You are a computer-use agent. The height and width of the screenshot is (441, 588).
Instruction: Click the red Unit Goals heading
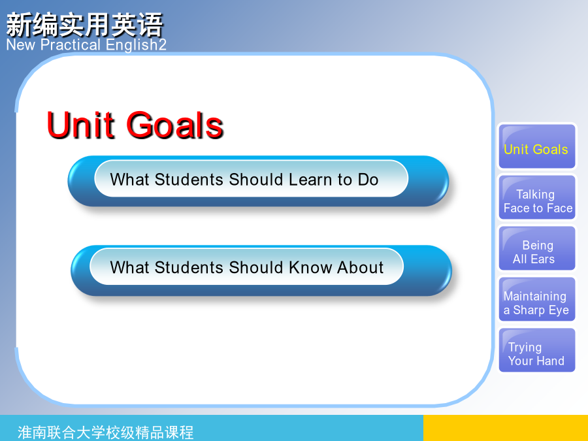coord(135,125)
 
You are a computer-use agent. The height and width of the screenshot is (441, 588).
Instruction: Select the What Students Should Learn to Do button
coord(258,181)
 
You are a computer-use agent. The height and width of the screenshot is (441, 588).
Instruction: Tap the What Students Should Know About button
coord(261,270)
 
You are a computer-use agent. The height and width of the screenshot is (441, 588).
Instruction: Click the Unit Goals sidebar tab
coord(536,146)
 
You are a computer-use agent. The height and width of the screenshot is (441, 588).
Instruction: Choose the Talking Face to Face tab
coord(536,197)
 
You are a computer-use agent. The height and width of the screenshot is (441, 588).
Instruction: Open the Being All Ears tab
coord(536,248)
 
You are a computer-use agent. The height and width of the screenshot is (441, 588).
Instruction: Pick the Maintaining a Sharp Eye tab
coord(536,299)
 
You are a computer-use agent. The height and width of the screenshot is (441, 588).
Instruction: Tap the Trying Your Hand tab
coord(536,350)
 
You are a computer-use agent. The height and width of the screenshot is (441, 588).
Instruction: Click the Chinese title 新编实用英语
coord(85,25)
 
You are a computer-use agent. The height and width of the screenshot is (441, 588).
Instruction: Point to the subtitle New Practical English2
coord(86,45)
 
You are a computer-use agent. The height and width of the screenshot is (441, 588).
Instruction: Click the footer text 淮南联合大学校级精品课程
coord(105,433)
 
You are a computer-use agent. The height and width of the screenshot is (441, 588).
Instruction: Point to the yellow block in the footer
coord(506,428)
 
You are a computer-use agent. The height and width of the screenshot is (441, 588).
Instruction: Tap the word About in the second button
coord(360,267)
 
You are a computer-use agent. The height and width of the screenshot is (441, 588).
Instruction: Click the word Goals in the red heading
coord(175,125)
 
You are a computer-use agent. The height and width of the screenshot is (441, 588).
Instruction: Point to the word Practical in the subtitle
coord(71,45)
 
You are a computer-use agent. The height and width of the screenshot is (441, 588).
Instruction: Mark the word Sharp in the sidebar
coord(529,310)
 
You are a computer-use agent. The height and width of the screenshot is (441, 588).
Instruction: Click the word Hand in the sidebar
coord(551,361)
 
